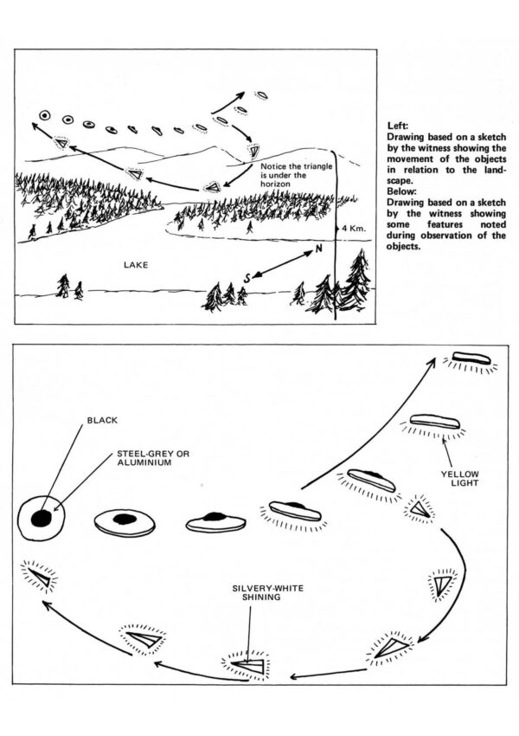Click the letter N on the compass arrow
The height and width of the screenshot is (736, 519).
click(319, 249)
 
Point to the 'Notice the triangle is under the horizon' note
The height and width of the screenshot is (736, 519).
click(286, 174)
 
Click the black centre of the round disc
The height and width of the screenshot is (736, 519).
click(42, 518)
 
